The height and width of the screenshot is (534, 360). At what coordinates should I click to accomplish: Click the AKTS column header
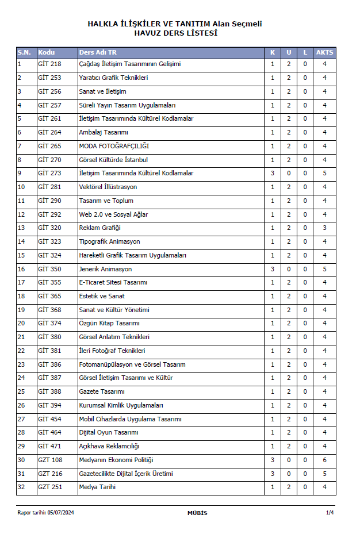tap(324, 52)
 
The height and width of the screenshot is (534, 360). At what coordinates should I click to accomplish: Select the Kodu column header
tap(46, 52)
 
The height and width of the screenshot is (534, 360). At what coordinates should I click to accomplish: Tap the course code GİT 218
tap(49, 64)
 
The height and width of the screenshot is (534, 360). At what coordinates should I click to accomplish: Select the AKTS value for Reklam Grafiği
tap(324, 228)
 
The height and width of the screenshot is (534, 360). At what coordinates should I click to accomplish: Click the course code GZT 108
tap(50, 460)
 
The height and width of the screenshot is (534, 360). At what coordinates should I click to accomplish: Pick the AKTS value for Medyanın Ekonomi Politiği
tap(324, 460)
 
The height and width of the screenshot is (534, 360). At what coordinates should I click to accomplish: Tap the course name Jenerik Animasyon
tap(105, 269)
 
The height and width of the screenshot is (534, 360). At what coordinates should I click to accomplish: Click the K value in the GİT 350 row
tap(273, 269)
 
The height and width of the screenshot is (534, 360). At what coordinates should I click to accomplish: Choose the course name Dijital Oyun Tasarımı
tap(109, 432)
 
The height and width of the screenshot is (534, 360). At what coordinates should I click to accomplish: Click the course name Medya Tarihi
tap(97, 487)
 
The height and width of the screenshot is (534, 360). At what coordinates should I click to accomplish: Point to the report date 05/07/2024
tap(60, 513)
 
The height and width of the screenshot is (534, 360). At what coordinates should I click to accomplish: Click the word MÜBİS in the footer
tap(197, 513)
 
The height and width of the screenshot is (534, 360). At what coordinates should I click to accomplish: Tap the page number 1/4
tap(330, 513)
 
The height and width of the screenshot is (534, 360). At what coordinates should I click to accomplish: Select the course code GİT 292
tap(49, 214)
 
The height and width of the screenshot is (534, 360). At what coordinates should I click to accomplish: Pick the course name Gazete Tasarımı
tap(102, 391)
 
